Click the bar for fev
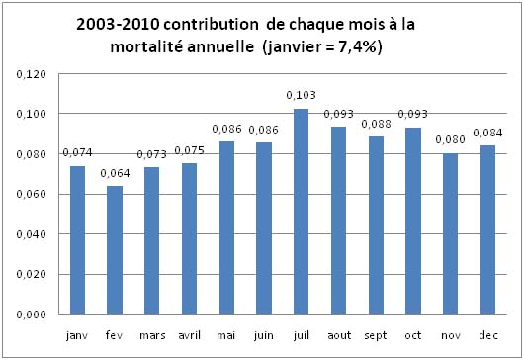coord(115,250)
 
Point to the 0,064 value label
coord(115,174)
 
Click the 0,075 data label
coord(189,150)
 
